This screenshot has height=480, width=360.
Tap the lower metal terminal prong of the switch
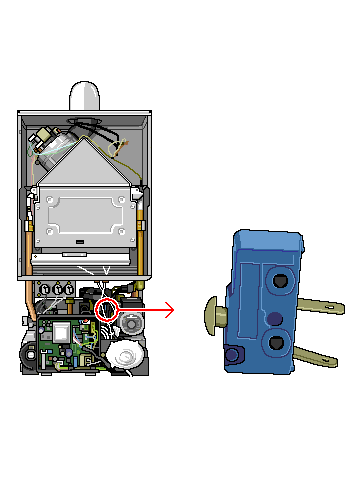point(314,354)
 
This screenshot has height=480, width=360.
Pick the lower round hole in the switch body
point(276,344)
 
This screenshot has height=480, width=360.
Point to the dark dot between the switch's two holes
point(274,318)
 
